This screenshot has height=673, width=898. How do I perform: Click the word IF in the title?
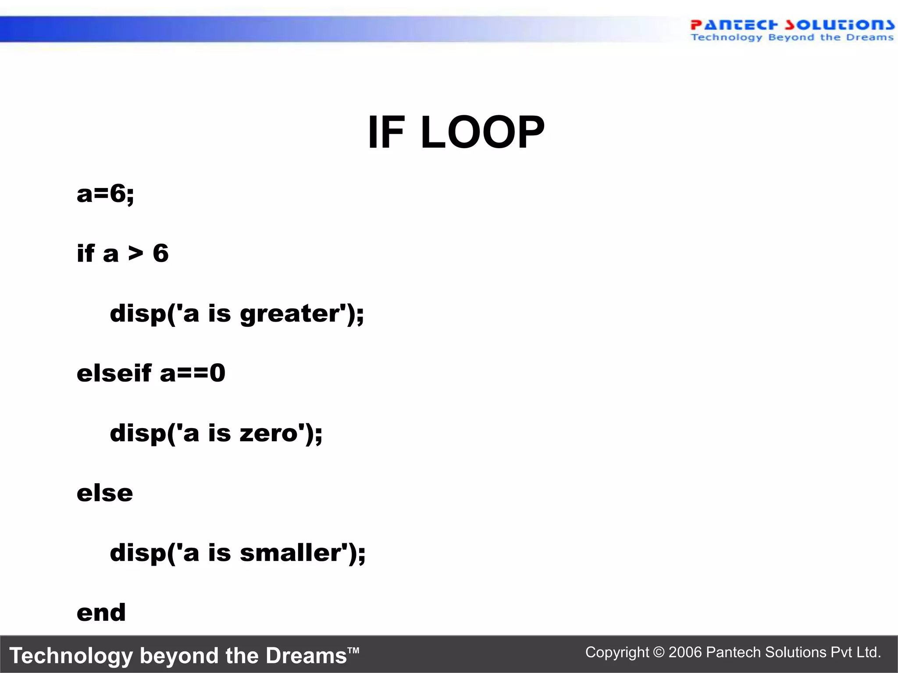point(386,132)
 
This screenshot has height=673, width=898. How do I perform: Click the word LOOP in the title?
point(482,132)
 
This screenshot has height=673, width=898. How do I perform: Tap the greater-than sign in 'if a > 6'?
point(136,253)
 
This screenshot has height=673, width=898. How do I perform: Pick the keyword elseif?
point(114,373)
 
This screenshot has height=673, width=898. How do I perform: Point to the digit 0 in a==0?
point(217,373)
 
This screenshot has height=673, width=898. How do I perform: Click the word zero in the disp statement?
point(269,433)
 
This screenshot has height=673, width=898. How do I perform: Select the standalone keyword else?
point(105,493)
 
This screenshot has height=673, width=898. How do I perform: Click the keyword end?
point(101,613)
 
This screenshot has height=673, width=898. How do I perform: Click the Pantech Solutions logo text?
point(792,25)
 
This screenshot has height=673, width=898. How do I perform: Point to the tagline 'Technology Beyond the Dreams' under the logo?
point(792,38)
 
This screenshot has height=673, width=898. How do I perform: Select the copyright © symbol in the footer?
point(659,652)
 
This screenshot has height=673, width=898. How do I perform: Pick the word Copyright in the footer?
point(617,652)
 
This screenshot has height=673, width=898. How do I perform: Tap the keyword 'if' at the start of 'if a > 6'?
point(86,253)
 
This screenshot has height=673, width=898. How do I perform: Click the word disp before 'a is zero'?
point(138,433)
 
